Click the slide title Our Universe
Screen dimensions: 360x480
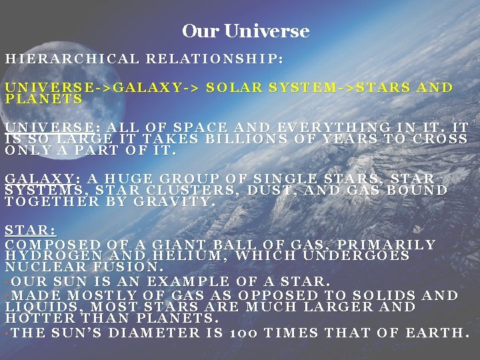tap(245, 31)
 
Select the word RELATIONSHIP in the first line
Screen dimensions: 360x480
tap(215, 59)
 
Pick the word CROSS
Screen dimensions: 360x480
tap(440, 139)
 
